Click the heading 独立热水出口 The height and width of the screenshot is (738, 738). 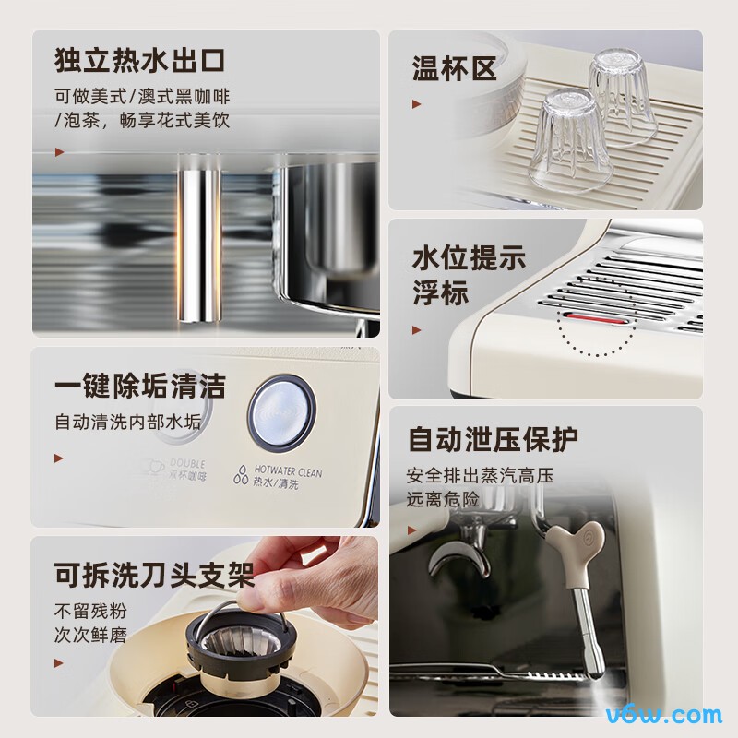(140, 63)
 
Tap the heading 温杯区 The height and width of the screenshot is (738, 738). (454, 68)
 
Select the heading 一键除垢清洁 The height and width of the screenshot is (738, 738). (139, 386)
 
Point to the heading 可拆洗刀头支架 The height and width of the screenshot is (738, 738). (154, 577)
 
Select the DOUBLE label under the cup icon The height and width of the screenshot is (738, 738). (187, 463)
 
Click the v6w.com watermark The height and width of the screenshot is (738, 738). (663, 713)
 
